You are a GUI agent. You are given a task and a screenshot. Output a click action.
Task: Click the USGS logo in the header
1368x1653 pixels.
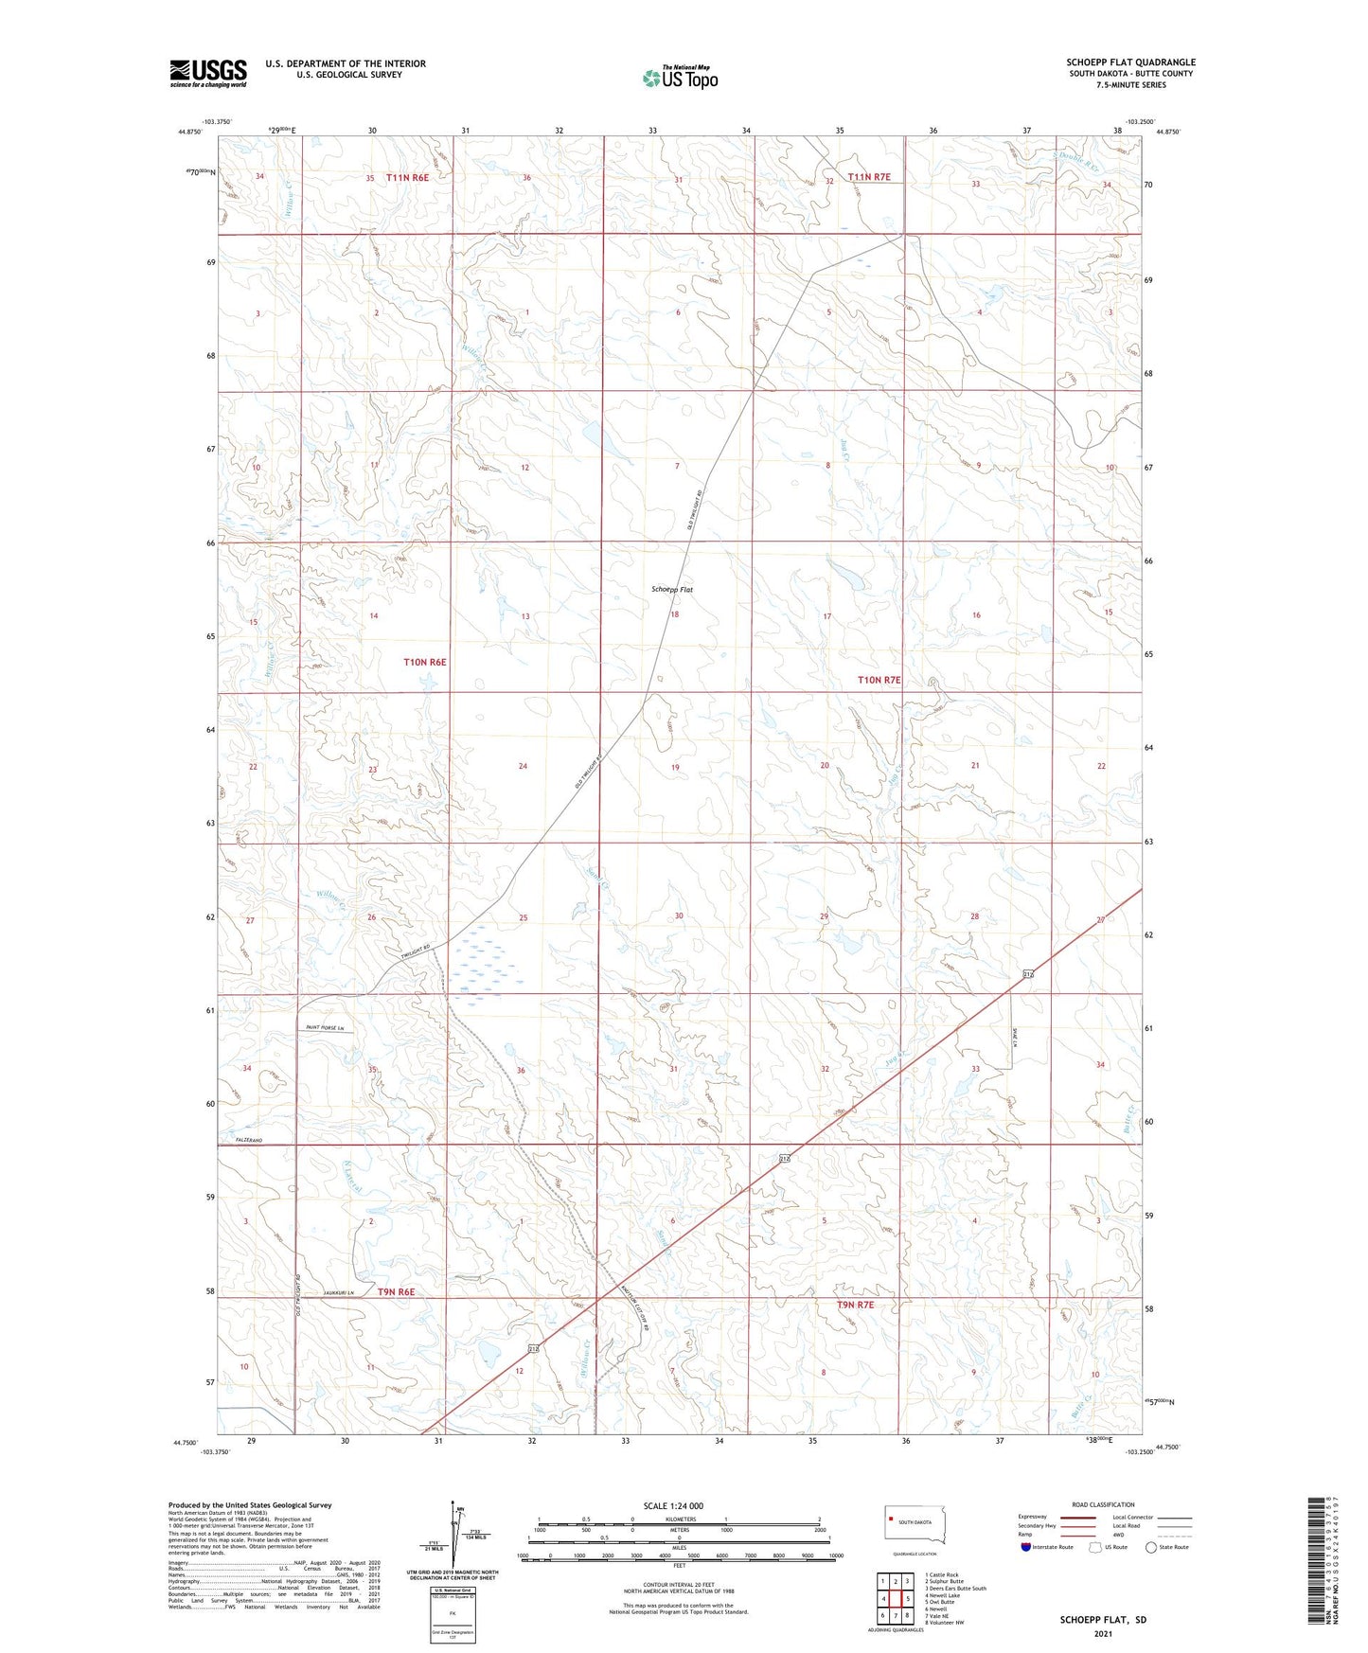point(208,73)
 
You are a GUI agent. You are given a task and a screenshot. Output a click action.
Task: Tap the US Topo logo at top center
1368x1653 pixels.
point(680,78)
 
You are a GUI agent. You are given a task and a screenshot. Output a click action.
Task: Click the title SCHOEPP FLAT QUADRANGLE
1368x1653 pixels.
point(1130,62)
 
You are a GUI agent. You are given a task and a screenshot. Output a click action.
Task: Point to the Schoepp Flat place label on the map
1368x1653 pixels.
point(672,589)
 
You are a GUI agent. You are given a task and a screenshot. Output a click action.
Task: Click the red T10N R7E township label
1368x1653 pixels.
point(879,680)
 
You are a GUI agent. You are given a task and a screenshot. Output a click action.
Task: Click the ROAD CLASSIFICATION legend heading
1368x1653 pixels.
point(1103,1504)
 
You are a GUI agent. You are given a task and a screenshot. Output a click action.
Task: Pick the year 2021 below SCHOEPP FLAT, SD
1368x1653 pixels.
point(1103,1633)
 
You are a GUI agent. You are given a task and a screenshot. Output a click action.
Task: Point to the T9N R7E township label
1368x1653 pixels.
point(855,1305)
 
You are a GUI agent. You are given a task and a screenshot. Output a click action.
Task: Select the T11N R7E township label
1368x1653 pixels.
point(869,177)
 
